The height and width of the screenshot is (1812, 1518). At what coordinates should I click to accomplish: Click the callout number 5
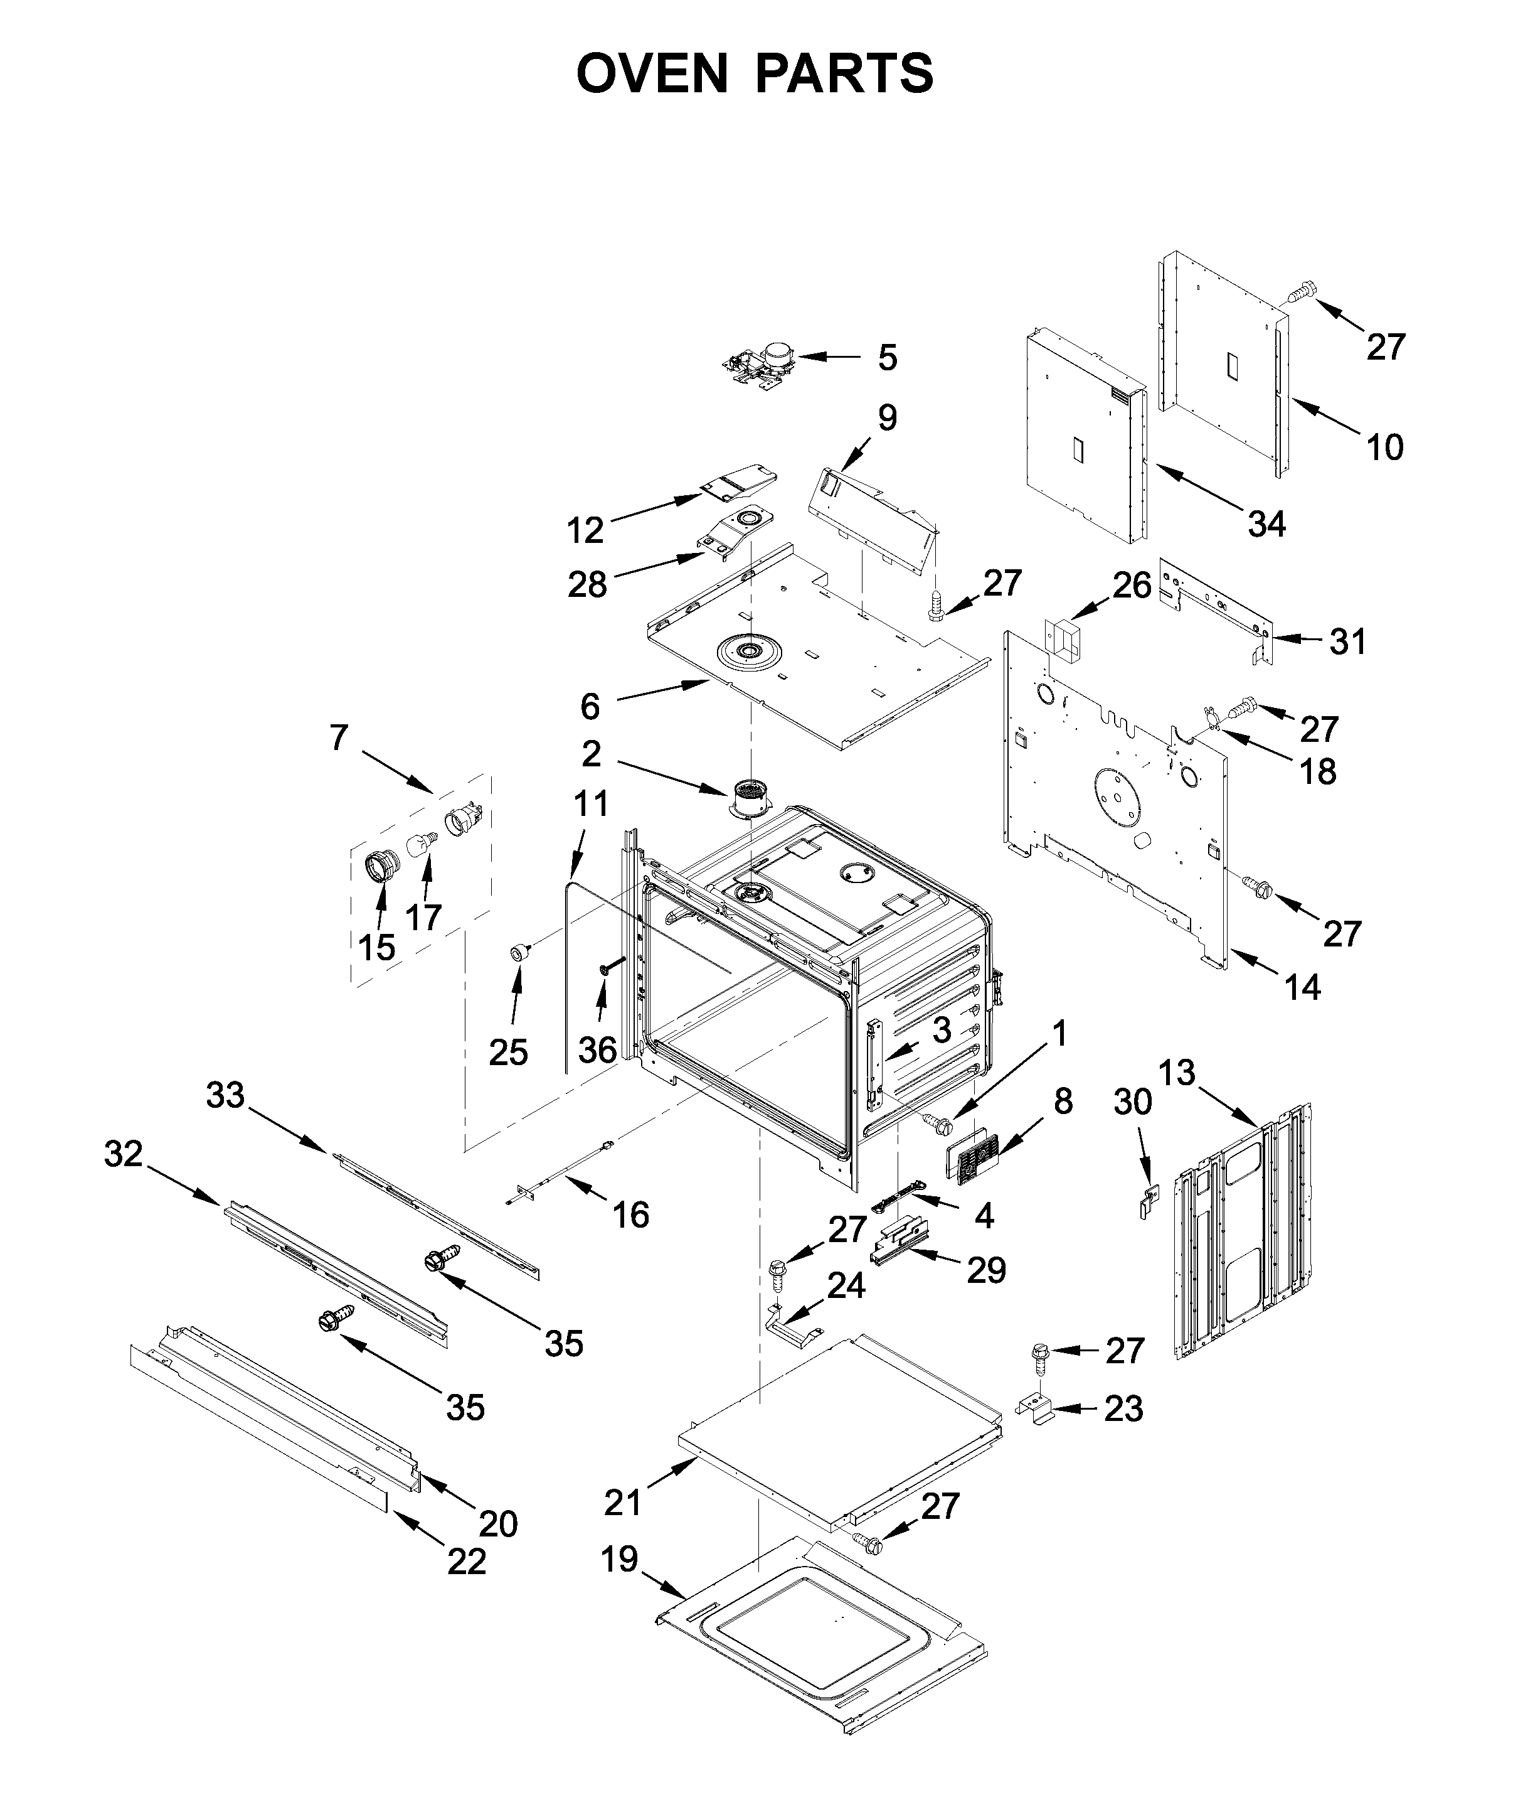tap(888, 357)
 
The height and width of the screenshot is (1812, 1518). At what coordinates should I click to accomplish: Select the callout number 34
tap(1266, 523)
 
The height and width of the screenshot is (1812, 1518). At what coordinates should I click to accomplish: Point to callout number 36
tap(597, 1050)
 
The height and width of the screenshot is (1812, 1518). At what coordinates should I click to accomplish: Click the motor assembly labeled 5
tap(759, 360)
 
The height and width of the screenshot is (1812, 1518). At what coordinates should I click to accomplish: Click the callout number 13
tap(1177, 1073)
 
